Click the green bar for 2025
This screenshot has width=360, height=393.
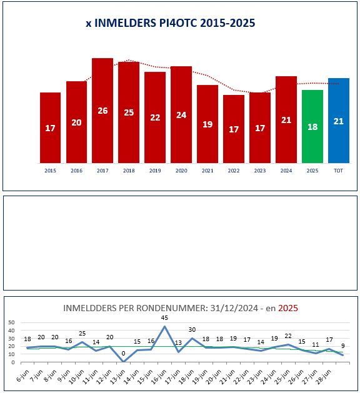[312, 127]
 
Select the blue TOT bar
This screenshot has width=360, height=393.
[339, 121]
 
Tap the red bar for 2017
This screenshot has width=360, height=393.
[102, 111]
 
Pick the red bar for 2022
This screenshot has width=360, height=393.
[234, 129]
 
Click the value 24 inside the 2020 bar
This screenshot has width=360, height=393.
[181, 115]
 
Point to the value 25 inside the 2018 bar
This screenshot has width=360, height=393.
[129, 112]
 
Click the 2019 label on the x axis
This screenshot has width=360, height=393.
[155, 171]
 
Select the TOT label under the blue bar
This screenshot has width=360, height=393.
[339, 171]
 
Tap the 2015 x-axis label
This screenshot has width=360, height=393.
[50, 171]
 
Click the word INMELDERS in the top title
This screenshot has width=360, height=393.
[126, 23]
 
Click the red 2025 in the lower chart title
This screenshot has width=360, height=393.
[288, 308]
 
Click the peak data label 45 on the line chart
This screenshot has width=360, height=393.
[164, 318]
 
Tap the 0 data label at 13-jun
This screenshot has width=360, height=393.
[123, 354]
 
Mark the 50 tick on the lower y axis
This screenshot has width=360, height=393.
[11, 322]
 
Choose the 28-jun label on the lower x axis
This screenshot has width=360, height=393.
[324, 377]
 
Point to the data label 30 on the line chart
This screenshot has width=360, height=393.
[192, 330]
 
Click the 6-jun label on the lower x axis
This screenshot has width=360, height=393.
[23, 376]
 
